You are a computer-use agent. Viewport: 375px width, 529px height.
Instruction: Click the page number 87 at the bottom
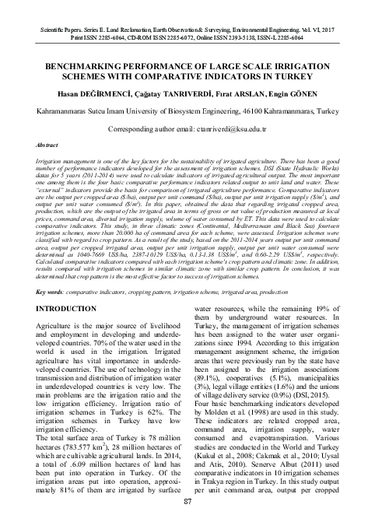[x=187, y=522]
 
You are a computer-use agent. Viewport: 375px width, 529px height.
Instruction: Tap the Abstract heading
[x=40, y=145]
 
